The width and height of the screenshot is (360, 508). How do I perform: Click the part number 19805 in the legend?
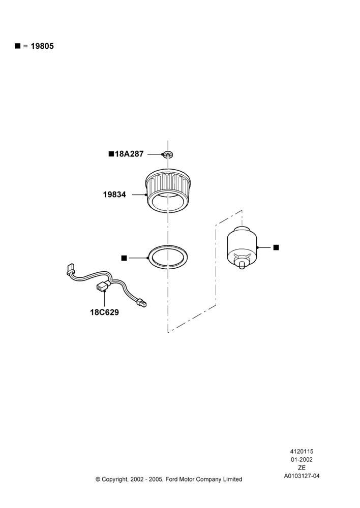click(x=42, y=46)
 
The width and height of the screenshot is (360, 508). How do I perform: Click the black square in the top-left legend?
click(x=18, y=46)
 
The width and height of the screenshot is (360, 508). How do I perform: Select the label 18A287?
click(x=129, y=154)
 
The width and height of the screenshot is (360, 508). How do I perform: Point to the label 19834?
click(x=114, y=195)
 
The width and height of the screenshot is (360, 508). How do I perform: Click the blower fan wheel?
click(x=167, y=190)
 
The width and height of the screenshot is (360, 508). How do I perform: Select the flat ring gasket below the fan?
click(x=168, y=257)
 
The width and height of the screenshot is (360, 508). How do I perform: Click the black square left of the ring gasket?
click(x=124, y=258)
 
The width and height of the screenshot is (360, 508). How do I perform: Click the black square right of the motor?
click(x=276, y=247)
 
